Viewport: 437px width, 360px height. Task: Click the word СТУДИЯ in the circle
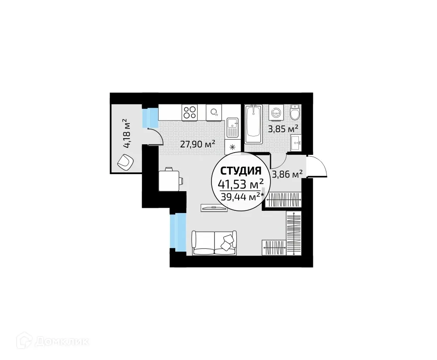(x=241, y=170)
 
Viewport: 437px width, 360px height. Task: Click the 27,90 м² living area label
(x=197, y=143)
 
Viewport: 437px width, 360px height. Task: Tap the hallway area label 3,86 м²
(x=287, y=175)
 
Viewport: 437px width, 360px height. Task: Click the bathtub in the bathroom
(x=253, y=123)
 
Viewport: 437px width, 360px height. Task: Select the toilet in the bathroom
(x=295, y=113)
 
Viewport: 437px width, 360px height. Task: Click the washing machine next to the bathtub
(x=276, y=112)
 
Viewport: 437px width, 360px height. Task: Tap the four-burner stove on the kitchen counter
(x=190, y=112)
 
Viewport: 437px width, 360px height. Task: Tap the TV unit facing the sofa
(x=214, y=208)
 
